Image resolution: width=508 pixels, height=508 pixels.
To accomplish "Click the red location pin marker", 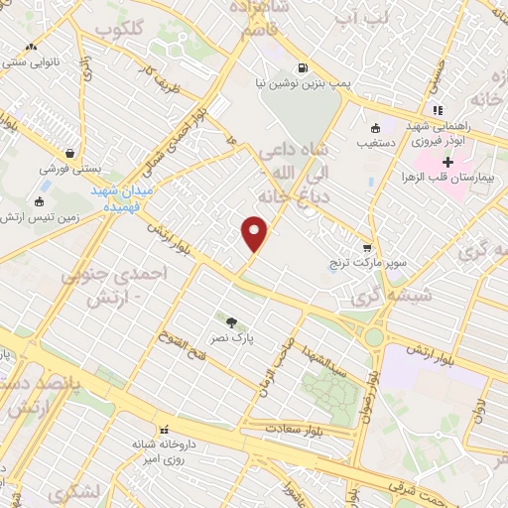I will tap(256, 233).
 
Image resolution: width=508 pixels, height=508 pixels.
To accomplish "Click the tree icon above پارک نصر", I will tap(232, 321).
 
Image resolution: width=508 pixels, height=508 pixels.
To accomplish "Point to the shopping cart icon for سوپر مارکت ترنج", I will tap(367, 247).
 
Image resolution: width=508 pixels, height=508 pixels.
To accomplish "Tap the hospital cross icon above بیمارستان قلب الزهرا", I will tap(447, 161).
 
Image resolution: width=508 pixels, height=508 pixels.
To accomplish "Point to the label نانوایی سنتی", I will tap(33, 63).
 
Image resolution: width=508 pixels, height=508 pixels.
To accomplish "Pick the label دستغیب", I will tap(376, 144).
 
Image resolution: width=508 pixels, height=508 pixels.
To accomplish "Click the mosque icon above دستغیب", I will tap(376, 128).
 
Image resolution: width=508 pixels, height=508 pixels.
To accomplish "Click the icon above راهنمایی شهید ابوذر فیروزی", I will tap(435, 110).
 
